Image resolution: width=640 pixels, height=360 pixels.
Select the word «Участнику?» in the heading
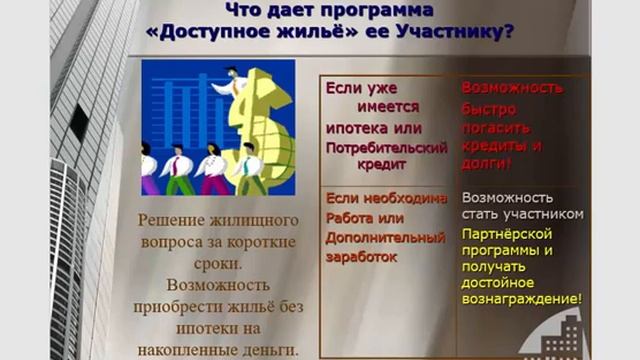460,33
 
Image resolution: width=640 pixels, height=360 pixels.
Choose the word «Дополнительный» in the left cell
385,238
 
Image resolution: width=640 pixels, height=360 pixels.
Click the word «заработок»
361,257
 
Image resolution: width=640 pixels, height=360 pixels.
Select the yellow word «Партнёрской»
507,233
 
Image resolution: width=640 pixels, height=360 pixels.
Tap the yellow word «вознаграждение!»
522,299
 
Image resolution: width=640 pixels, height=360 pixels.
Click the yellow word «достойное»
498,282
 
